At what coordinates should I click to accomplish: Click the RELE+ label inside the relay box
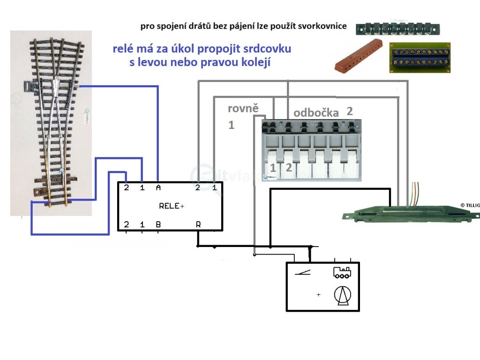coord(171,206)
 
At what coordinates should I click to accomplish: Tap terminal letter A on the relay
coord(158,188)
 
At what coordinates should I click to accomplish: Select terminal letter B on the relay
coord(158,225)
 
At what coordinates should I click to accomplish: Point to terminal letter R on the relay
coord(199,225)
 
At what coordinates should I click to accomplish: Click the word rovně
coord(243,109)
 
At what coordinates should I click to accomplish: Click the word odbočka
coord(316,113)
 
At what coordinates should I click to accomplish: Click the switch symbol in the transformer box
coord(302,273)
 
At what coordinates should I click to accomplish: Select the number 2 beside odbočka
coord(349,111)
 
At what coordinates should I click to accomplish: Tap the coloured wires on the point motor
coord(415,193)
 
